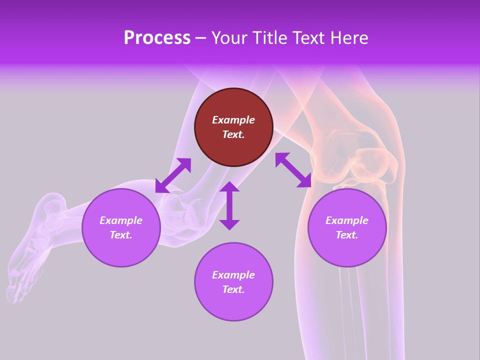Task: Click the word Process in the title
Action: [157, 38]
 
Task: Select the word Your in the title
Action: [228, 38]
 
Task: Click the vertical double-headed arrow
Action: [229, 205]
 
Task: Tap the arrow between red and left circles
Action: [173, 175]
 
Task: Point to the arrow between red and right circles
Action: [293, 170]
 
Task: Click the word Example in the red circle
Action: [233, 120]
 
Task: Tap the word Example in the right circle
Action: [347, 220]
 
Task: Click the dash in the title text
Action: [201, 38]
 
